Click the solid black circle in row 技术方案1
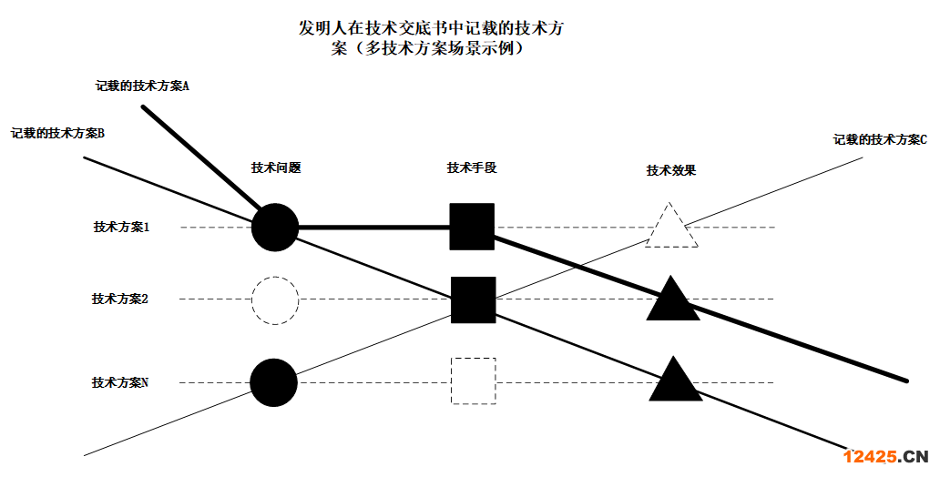tap(274, 227)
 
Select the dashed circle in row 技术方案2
tap(274, 299)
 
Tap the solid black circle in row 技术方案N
tap(274, 382)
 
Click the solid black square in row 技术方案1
tap(472, 227)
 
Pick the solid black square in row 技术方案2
tap(473, 299)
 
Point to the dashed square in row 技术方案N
tap(473, 381)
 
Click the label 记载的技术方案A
tap(142, 86)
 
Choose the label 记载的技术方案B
tap(57, 133)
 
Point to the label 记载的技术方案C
tap(879, 140)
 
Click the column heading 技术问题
tap(276, 167)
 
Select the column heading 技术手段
tap(472, 167)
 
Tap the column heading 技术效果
tap(671, 170)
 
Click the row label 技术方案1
tap(121, 227)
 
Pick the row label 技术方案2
tap(120, 299)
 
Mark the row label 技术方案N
tap(120, 382)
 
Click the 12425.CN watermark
tap(884, 457)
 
